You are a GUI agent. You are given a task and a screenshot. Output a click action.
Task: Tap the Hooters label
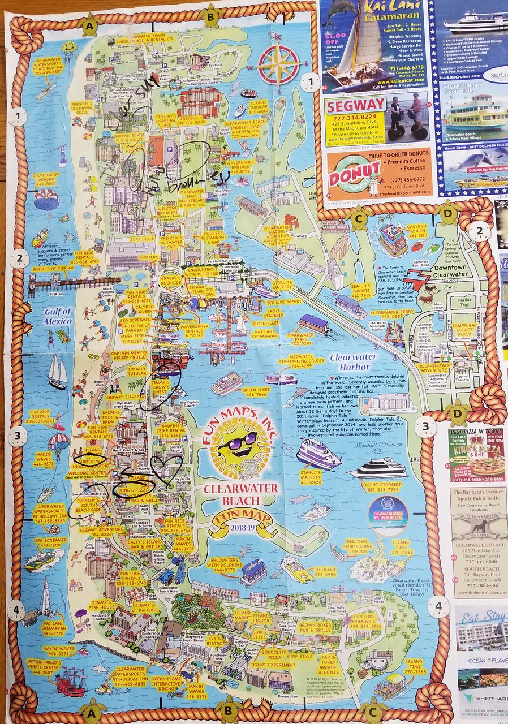point(148,257)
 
